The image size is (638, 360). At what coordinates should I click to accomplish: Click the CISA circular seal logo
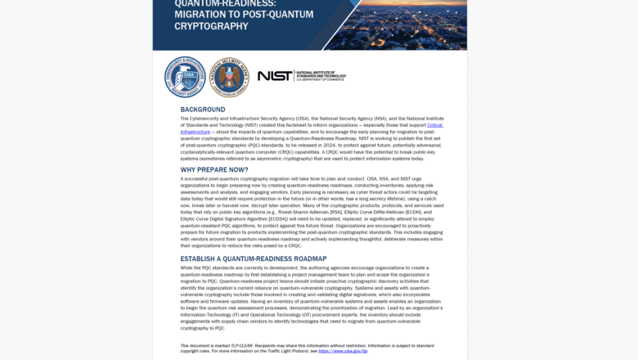[x=185, y=77]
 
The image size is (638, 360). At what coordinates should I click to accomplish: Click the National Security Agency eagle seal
[x=229, y=77]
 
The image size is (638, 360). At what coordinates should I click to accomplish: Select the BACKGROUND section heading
[x=203, y=110]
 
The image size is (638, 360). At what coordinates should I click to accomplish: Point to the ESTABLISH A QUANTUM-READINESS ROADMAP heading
[x=254, y=259]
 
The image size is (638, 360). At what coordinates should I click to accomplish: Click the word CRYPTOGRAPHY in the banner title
[x=211, y=26]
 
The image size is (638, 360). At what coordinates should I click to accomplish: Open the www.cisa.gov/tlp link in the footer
[x=343, y=350]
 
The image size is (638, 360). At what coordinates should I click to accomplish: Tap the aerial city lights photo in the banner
[x=393, y=25]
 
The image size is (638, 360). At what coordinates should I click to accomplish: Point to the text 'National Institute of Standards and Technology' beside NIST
[x=320, y=76]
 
